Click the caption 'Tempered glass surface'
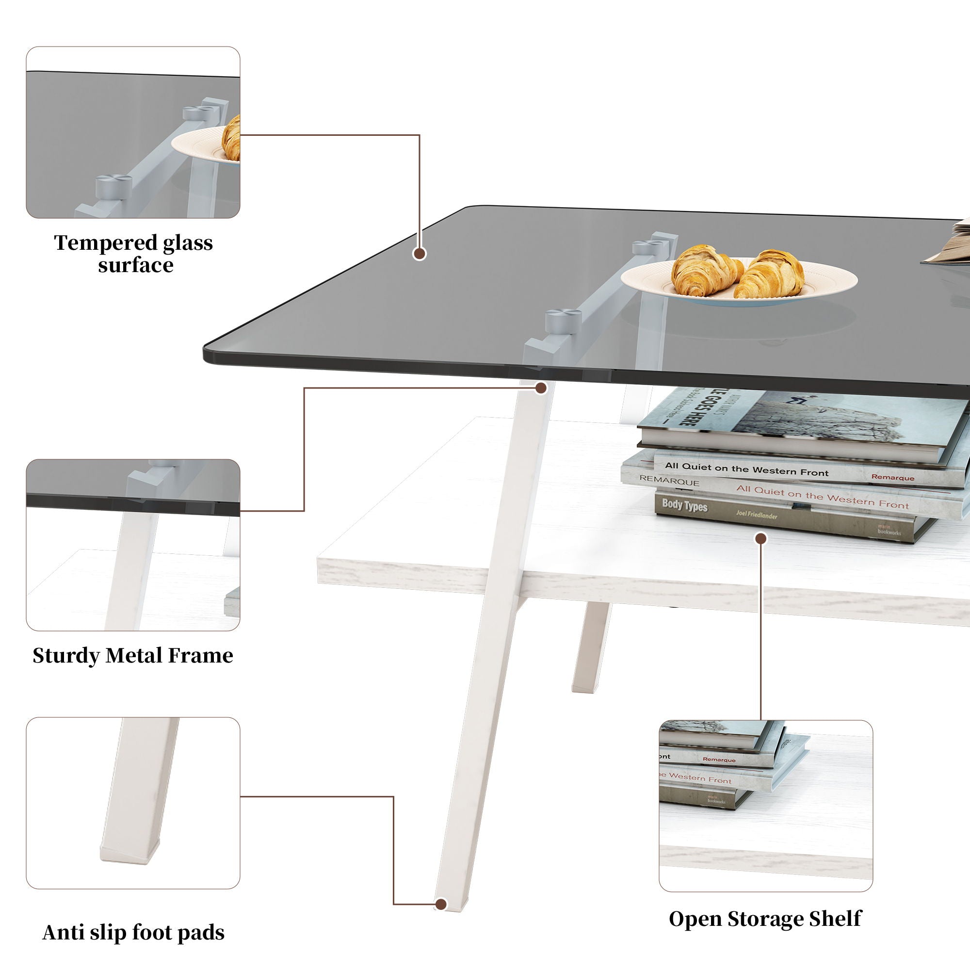[133, 254]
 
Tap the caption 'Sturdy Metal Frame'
[133, 656]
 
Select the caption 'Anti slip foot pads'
[133, 932]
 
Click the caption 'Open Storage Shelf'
[765, 918]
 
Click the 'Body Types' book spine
[684, 505]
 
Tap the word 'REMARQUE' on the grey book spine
[669, 482]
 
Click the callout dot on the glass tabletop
[420, 253]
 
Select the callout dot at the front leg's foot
[441, 904]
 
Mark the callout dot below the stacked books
[761, 539]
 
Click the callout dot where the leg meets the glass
[541, 388]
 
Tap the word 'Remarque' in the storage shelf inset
[719, 760]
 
